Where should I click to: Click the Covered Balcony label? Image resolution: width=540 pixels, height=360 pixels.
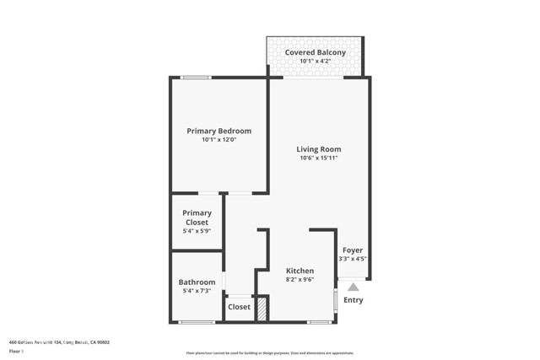click(x=315, y=52)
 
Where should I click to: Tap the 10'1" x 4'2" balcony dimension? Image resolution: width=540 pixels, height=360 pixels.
click(x=315, y=61)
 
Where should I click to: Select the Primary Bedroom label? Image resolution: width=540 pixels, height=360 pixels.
click(x=219, y=131)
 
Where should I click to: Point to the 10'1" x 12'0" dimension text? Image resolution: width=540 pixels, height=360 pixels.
click(x=219, y=140)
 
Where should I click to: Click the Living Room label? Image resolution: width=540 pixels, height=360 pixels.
click(x=319, y=149)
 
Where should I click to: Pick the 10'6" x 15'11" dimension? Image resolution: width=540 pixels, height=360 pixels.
click(x=319, y=159)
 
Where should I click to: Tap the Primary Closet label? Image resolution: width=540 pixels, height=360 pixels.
click(x=197, y=218)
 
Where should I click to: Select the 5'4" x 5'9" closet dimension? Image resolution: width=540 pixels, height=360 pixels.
click(x=197, y=231)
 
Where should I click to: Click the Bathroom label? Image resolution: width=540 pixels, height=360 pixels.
click(x=197, y=282)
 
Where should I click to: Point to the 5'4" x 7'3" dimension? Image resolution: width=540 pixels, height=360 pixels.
click(x=197, y=292)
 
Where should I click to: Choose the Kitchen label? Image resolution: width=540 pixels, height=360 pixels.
click(x=300, y=271)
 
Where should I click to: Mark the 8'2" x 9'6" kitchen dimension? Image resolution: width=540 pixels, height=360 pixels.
click(x=300, y=280)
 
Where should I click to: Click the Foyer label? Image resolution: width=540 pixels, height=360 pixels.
click(x=353, y=250)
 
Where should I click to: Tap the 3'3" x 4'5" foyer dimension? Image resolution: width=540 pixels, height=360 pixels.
click(x=353, y=259)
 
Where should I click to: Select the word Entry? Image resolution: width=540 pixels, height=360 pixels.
click(x=354, y=300)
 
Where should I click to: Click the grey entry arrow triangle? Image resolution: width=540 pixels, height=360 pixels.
click(x=353, y=286)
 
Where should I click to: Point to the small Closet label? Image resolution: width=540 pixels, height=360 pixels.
click(x=240, y=307)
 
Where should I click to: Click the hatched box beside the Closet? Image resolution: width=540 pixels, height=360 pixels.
click(x=262, y=308)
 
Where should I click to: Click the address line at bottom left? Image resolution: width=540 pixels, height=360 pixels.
click(x=59, y=342)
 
